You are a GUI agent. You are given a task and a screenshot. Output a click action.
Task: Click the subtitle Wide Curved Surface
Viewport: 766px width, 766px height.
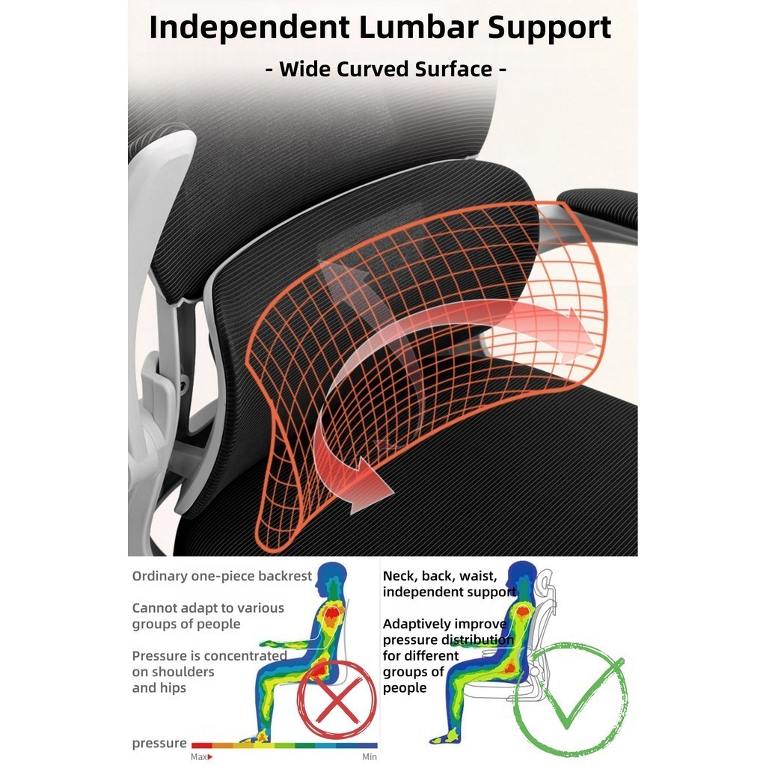pos(387,70)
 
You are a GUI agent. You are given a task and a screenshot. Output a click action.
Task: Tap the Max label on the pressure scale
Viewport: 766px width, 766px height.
pos(199,757)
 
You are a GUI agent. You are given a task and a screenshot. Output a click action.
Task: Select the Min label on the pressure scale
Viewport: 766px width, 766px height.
pos(370,757)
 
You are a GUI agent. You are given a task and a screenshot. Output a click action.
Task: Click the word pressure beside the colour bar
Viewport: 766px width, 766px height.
pos(159,743)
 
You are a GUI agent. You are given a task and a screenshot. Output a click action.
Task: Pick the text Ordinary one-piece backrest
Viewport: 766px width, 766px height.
pos(222,576)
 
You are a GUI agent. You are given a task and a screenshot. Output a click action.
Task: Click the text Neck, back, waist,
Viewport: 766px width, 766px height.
pos(439,576)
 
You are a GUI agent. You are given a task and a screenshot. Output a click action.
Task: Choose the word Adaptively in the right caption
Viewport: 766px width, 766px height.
pos(417,624)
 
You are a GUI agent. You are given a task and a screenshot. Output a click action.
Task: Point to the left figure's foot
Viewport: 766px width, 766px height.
pos(257,738)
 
